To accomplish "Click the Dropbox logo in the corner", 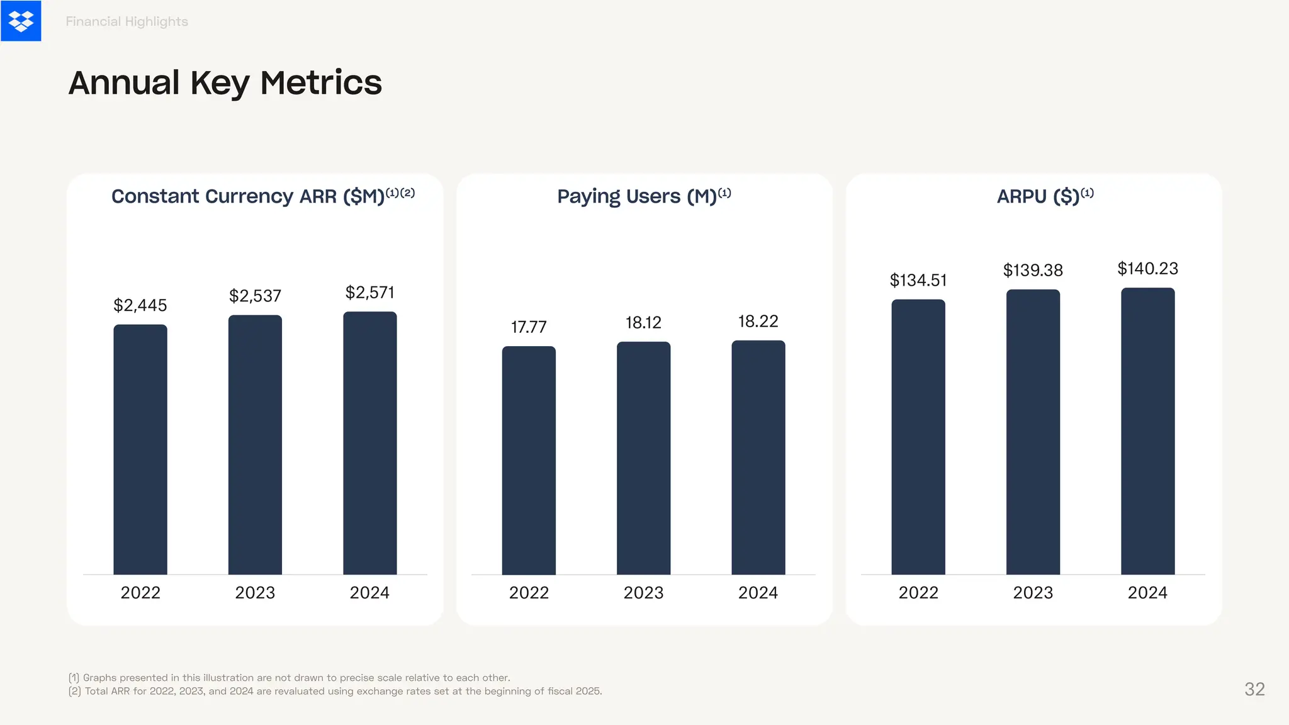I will click(21, 21).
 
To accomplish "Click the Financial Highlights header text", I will click(127, 21).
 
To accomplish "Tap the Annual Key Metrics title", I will click(225, 83).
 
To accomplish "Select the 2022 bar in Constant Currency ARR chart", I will click(140, 449).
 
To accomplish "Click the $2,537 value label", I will click(255, 296).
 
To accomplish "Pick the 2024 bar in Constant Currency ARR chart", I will click(369, 443).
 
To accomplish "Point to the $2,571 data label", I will click(369, 293).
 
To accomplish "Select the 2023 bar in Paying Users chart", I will click(643, 458).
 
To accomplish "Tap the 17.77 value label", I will click(529, 327).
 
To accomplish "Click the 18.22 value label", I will click(758, 322).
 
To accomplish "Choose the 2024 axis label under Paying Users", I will click(758, 593).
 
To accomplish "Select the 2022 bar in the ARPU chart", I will click(918, 437).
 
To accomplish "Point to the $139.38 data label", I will click(1033, 271).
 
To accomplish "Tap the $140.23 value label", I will click(1147, 269).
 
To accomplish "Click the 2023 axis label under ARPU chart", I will click(1033, 593).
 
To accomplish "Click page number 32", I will click(1254, 689).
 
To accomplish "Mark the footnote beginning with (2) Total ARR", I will click(335, 691).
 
